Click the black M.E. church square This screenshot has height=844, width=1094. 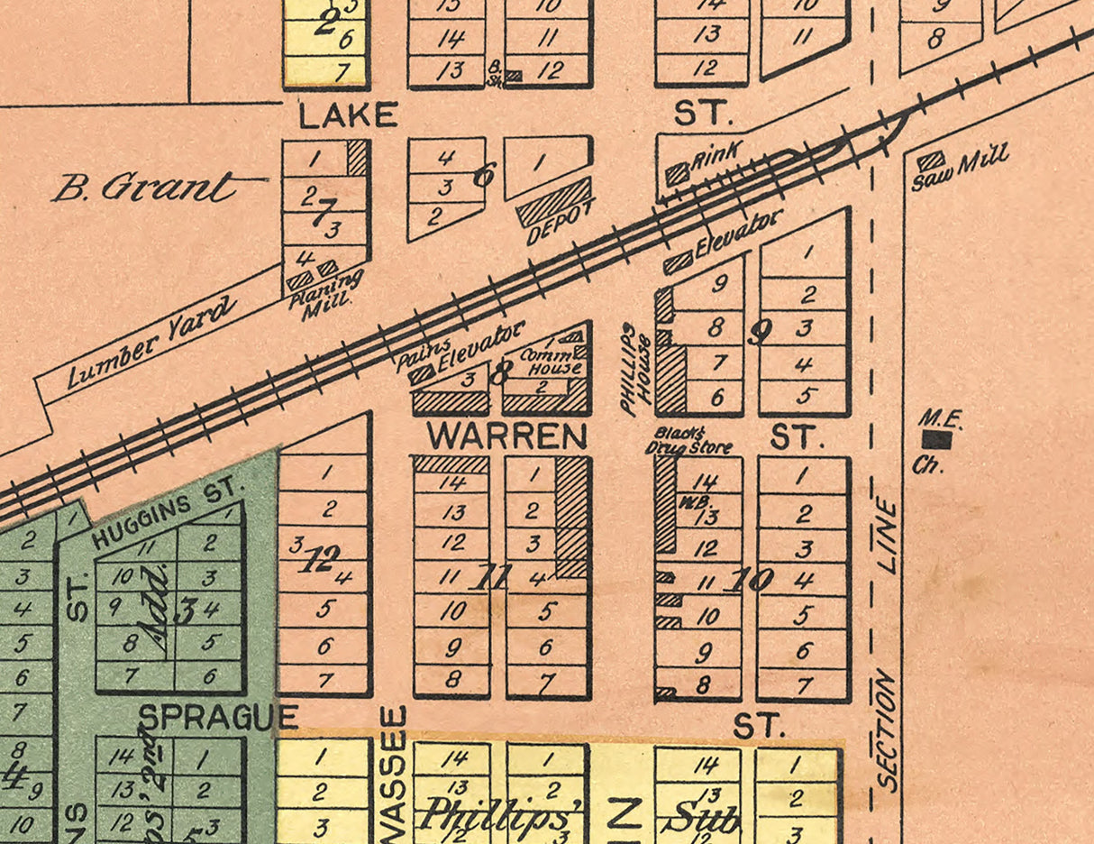(x=937, y=439)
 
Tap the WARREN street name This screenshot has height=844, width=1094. (x=506, y=437)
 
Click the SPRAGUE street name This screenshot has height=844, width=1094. (x=218, y=718)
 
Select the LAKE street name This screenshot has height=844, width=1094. (x=348, y=115)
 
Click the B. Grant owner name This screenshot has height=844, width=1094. (x=144, y=188)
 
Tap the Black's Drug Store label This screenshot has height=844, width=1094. (x=688, y=440)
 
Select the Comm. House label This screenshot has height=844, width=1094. (x=552, y=362)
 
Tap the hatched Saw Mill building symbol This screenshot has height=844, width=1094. (x=931, y=161)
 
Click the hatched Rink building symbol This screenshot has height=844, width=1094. (x=677, y=173)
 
